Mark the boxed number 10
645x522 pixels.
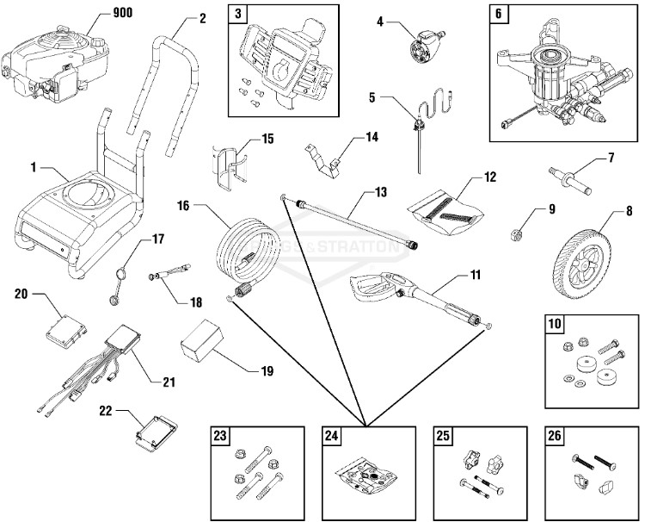556,326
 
